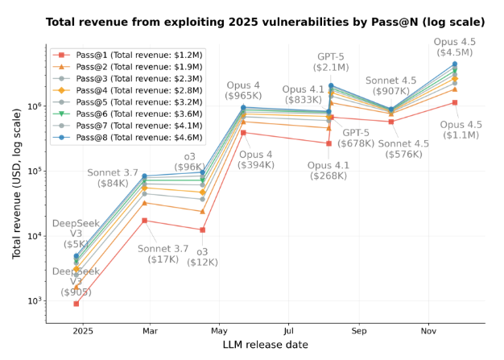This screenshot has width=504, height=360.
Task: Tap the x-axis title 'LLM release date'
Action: click(x=265, y=346)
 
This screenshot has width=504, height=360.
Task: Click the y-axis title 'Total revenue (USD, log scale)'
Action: click(x=17, y=185)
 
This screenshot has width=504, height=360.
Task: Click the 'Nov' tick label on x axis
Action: click(x=428, y=330)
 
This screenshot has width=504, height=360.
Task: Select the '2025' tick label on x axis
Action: click(x=82, y=330)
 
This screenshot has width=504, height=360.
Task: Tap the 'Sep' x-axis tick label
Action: click(x=359, y=330)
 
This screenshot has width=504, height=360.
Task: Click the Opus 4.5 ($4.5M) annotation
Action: click(x=455, y=47)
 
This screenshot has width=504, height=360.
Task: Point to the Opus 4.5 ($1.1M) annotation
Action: click(x=461, y=130)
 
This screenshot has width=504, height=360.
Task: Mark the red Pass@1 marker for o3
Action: click(x=202, y=230)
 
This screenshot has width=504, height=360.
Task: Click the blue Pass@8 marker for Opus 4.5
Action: click(x=455, y=64)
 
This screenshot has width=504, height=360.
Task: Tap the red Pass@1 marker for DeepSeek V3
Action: click(x=76, y=304)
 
